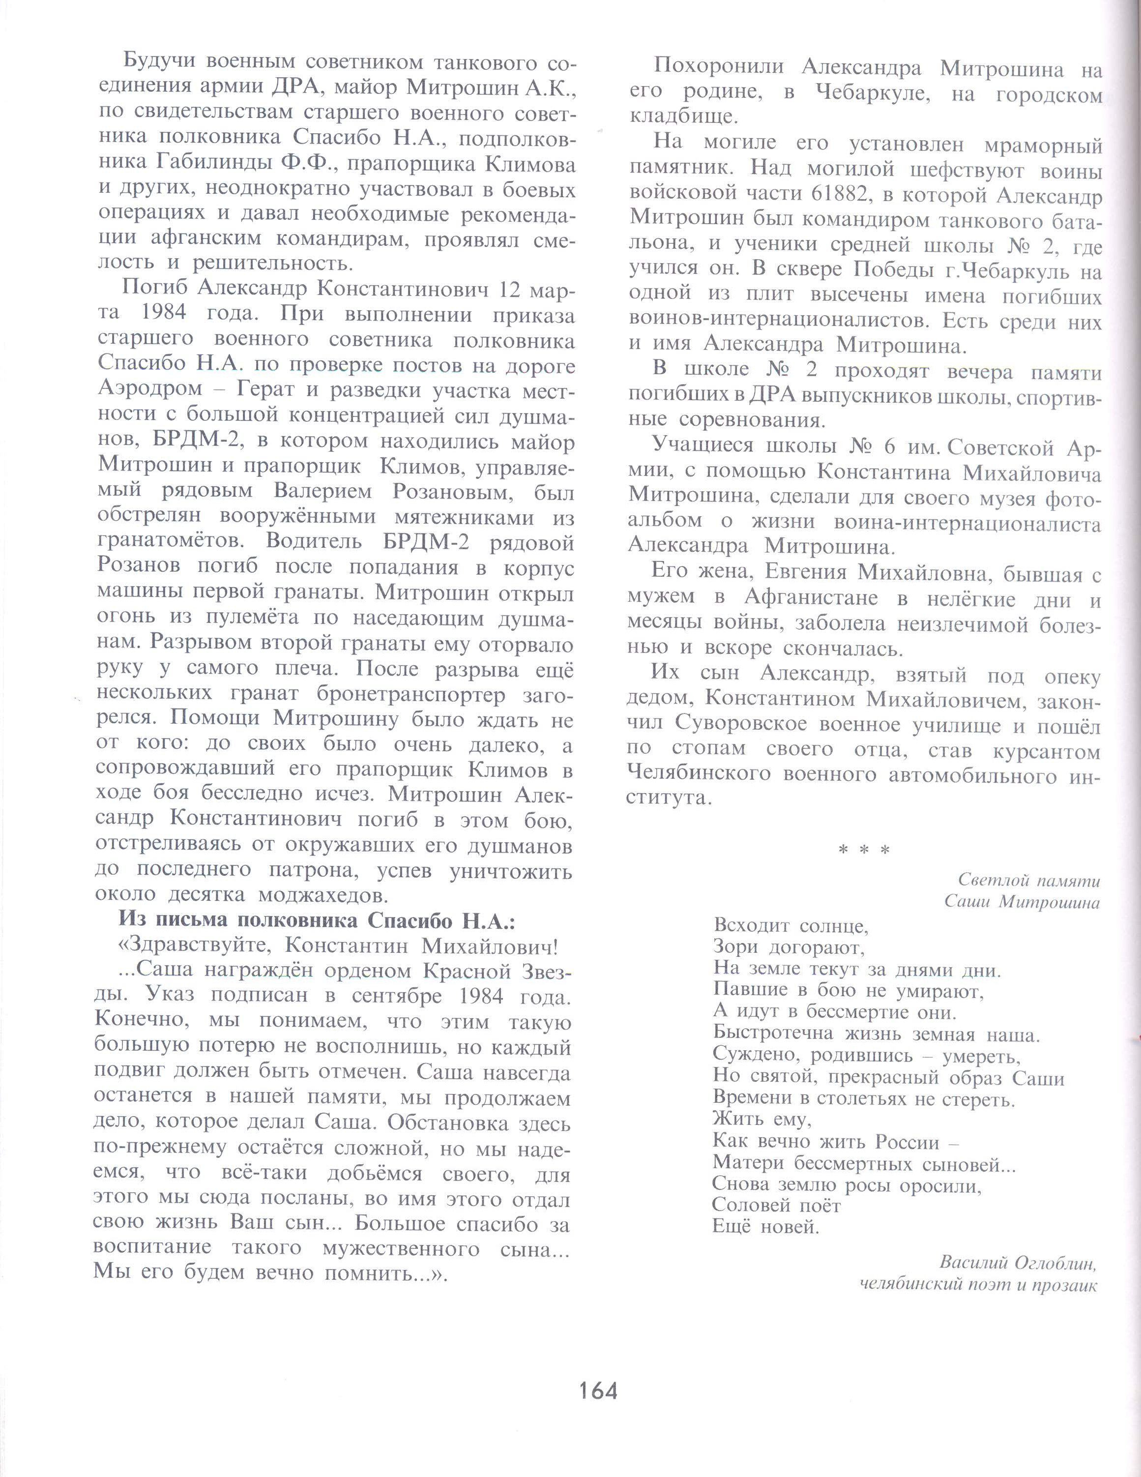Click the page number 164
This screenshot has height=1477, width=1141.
598,1390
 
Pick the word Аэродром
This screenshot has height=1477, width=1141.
150,389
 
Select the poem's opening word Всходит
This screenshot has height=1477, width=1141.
752,925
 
